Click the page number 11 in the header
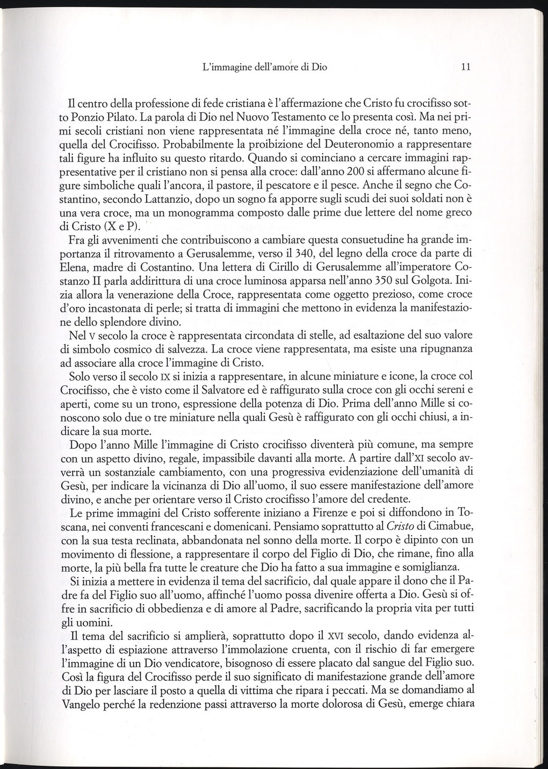click(465, 67)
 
